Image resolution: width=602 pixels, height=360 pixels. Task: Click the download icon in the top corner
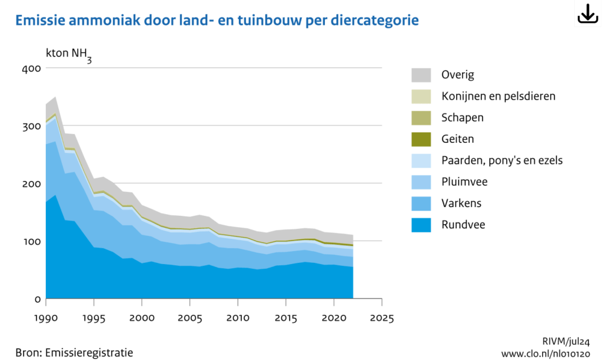point(587,14)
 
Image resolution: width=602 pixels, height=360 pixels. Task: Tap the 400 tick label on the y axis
point(32,68)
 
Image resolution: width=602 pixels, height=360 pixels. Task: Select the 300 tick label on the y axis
point(32,126)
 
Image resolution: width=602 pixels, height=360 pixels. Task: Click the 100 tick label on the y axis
point(32,241)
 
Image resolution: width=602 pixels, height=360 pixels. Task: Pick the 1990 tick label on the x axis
point(46,318)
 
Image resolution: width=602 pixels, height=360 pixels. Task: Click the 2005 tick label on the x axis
point(189,318)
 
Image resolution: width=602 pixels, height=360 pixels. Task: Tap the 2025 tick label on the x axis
point(381,318)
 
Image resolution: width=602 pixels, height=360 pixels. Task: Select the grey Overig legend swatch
point(421,75)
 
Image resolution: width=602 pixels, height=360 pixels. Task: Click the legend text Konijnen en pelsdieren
point(498,96)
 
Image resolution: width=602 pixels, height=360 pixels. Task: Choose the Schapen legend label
point(462,118)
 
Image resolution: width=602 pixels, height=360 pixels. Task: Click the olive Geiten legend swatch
point(421,139)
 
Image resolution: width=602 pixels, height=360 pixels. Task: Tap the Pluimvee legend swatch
point(421,182)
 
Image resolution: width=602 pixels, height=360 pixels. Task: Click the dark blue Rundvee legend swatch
point(421,224)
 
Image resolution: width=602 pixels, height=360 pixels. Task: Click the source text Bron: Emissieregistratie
point(74,352)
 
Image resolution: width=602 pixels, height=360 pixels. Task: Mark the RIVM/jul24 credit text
point(566,341)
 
